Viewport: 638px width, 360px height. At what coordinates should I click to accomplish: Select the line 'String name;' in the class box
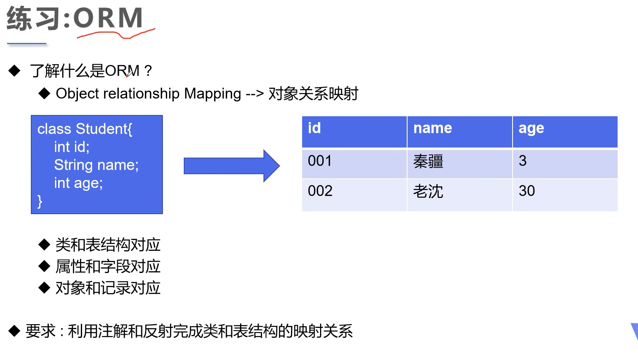[x=96, y=165]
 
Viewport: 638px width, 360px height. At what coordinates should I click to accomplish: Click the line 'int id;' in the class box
[x=72, y=147]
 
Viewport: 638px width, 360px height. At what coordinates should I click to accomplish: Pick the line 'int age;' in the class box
[x=78, y=183]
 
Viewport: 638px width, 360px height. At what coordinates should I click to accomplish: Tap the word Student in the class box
[x=102, y=129]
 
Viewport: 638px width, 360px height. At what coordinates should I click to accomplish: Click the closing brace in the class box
[x=40, y=201]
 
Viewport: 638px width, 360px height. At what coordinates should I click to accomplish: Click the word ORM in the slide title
[x=108, y=18]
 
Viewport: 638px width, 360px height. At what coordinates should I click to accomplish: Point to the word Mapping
[x=213, y=94]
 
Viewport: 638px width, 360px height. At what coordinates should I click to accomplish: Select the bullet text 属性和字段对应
[x=108, y=266]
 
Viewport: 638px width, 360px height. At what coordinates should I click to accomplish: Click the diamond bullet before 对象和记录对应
[x=44, y=287]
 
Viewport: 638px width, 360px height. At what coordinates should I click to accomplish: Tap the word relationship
[x=141, y=94]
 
